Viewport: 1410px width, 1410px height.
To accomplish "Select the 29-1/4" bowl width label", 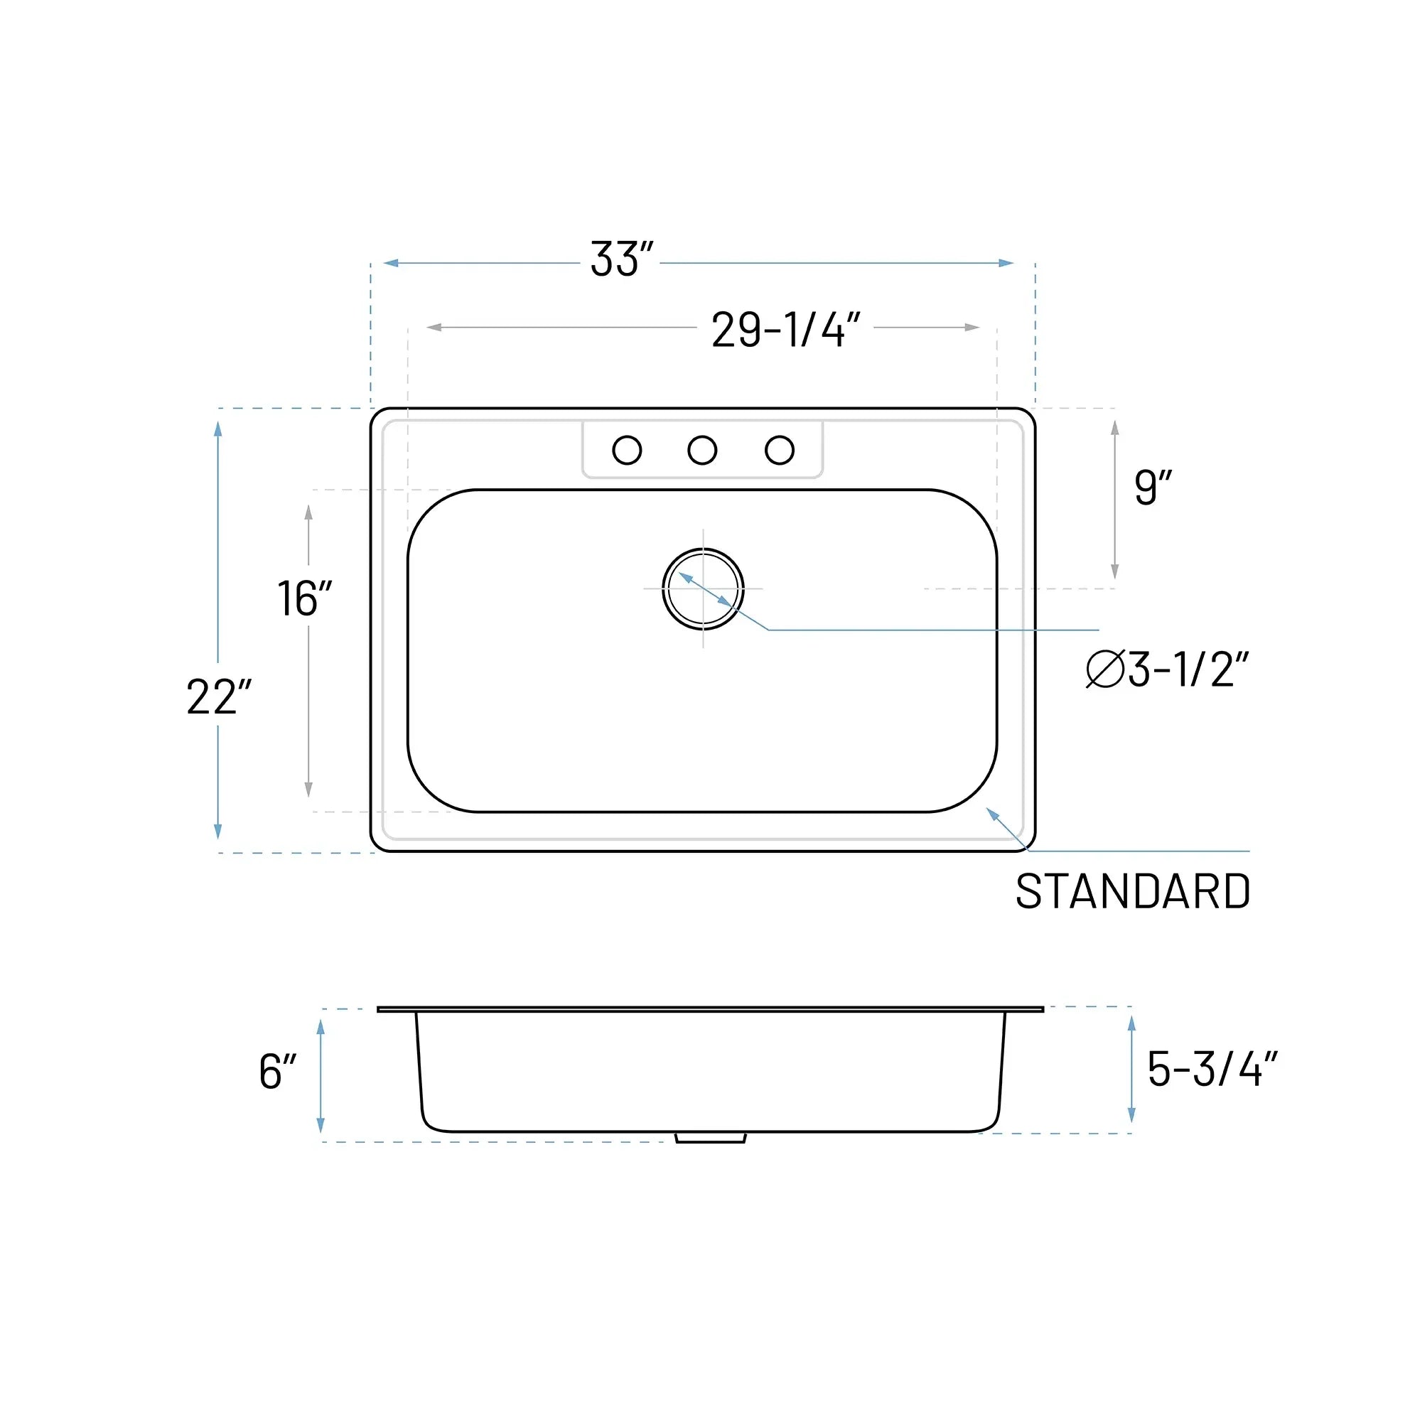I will coord(785,330).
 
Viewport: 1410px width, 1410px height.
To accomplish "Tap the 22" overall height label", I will coord(218,697).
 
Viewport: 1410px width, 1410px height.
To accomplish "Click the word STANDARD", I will coord(1133,892).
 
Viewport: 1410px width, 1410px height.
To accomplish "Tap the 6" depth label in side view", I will coord(277,1072).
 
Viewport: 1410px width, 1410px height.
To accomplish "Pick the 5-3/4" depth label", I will coord(1212,1069).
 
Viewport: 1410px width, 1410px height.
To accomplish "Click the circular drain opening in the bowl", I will coord(703,588).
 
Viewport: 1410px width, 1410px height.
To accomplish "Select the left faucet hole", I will coord(627,451).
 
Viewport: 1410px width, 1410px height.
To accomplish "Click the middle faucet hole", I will coord(702,451).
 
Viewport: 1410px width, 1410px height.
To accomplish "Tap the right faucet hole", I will coord(780,451).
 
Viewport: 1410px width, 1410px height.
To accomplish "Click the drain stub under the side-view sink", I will coord(710,1138).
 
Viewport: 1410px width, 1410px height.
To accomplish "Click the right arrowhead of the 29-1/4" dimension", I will coord(972,327).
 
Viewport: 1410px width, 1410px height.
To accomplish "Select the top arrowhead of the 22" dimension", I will coord(217,429).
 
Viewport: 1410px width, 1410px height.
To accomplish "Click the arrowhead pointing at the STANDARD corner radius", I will coord(992,813).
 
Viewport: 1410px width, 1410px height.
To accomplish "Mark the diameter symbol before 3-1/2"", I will coord(1104,669).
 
